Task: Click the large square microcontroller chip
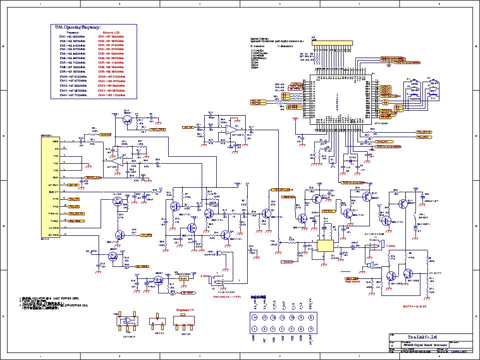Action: pyautogui.click(x=339, y=99)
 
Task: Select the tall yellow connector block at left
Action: pyautogui.click(x=51, y=186)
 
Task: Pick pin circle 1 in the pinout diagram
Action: pyautogui.click(x=254, y=329)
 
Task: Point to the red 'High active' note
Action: pyautogui.click(x=351, y=281)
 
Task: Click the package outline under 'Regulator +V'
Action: pyautogui.click(x=183, y=323)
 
